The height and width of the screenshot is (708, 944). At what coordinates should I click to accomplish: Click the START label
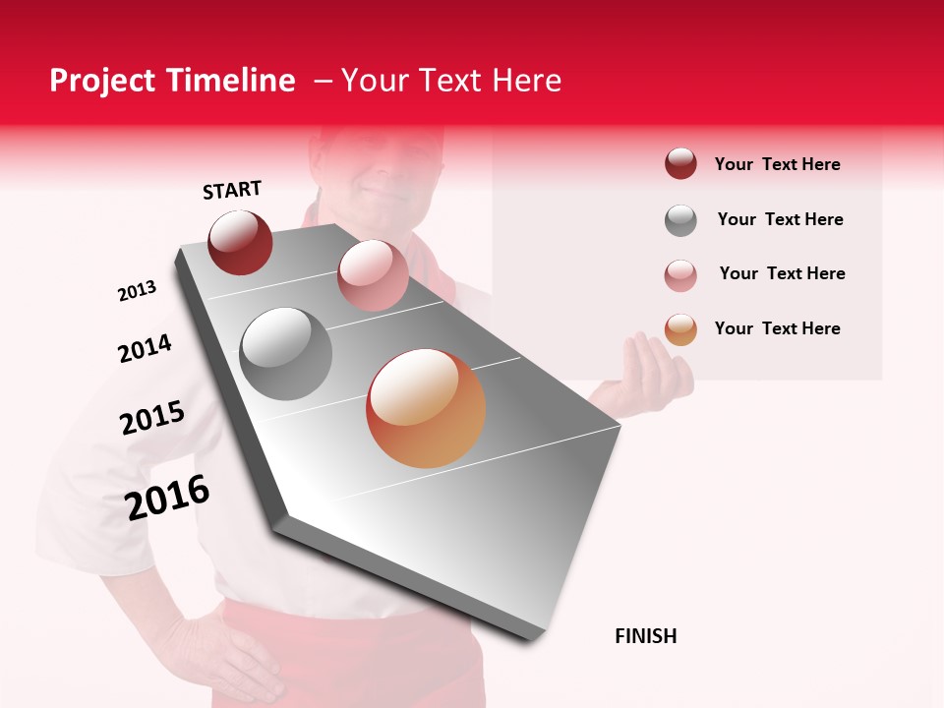click(x=232, y=190)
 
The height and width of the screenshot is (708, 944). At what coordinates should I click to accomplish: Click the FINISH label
click(x=645, y=636)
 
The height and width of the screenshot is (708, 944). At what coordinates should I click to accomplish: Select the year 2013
click(x=137, y=291)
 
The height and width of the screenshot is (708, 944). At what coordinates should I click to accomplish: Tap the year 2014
click(x=145, y=348)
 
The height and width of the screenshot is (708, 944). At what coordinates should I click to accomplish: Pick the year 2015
click(x=152, y=418)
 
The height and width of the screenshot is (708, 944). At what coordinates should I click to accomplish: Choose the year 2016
click(x=167, y=498)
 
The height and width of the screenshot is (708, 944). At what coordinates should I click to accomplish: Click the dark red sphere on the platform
click(x=240, y=242)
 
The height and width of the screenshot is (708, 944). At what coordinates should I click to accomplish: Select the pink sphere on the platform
click(x=373, y=274)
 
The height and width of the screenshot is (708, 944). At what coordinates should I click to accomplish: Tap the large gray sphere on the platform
click(x=286, y=354)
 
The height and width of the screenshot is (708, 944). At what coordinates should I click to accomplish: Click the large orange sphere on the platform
click(x=426, y=408)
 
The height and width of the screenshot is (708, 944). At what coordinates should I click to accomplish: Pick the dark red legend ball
click(x=680, y=163)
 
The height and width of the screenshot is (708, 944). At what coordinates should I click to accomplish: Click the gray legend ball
click(x=680, y=220)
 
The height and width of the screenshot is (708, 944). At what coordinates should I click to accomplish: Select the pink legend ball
click(x=680, y=275)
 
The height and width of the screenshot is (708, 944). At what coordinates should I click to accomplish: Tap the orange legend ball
click(x=680, y=329)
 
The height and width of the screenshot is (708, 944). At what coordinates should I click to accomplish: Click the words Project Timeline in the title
click(x=172, y=81)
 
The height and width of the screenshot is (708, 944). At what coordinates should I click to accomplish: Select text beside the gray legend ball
click(x=780, y=219)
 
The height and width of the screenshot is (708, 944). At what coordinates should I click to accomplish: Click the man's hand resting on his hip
click(x=221, y=654)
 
